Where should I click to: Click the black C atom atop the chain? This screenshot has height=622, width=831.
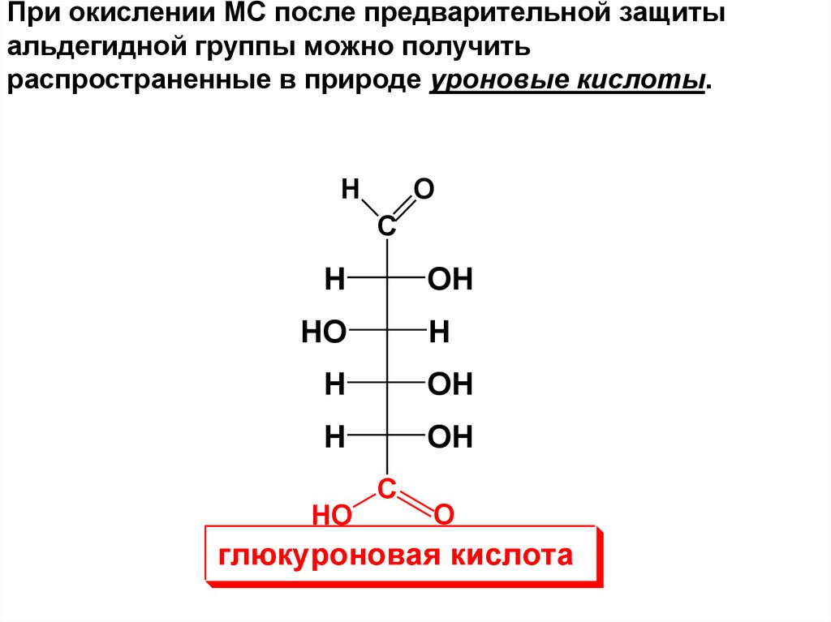point(387,228)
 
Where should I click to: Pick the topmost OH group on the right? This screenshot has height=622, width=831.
point(450,281)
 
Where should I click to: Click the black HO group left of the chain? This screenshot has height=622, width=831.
point(324,332)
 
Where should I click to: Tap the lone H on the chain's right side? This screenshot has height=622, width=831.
point(439,332)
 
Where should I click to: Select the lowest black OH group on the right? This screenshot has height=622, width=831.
point(450,438)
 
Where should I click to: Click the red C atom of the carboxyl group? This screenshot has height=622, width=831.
point(387,488)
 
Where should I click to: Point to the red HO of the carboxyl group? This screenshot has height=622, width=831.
point(331,514)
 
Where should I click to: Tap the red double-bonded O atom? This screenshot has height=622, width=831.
point(444,514)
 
